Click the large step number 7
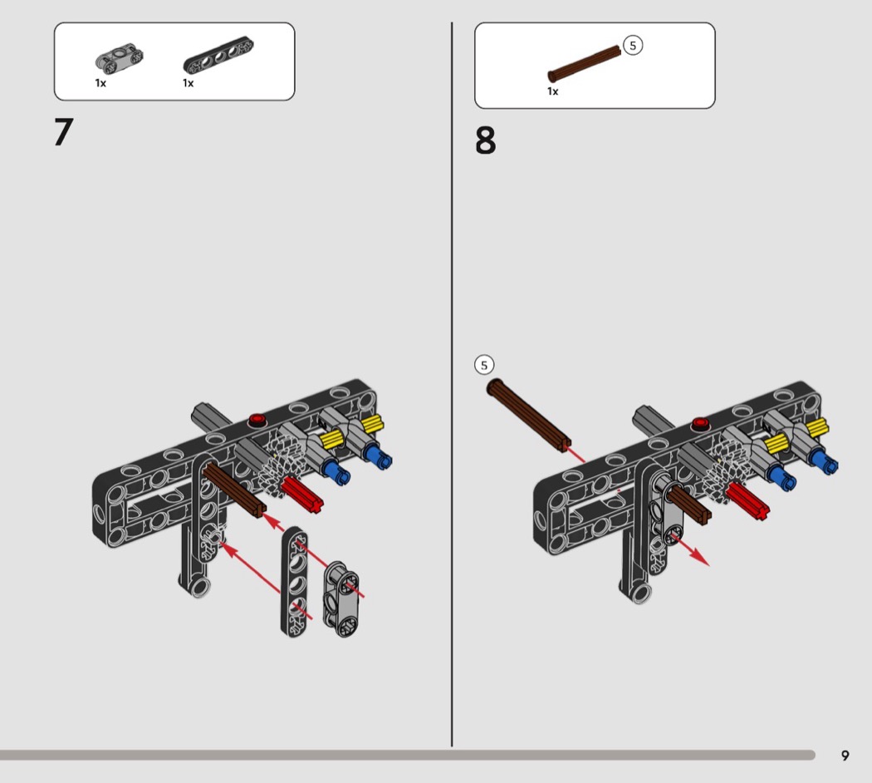click(x=64, y=132)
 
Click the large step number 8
click(x=485, y=140)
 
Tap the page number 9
click(x=845, y=756)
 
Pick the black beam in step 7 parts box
click(x=218, y=55)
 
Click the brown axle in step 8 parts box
click(x=584, y=64)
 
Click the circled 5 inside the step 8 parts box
click(x=632, y=46)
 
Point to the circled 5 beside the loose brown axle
click(x=484, y=365)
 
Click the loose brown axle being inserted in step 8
click(x=528, y=415)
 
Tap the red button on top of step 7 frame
click(x=257, y=419)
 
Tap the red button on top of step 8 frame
click(x=700, y=424)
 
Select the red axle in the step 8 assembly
click(x=748, y=501)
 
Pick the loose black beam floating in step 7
click(x=294, y=581)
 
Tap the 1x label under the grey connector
click(x=100, y=83)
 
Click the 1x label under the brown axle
click(x=553, y=91)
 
